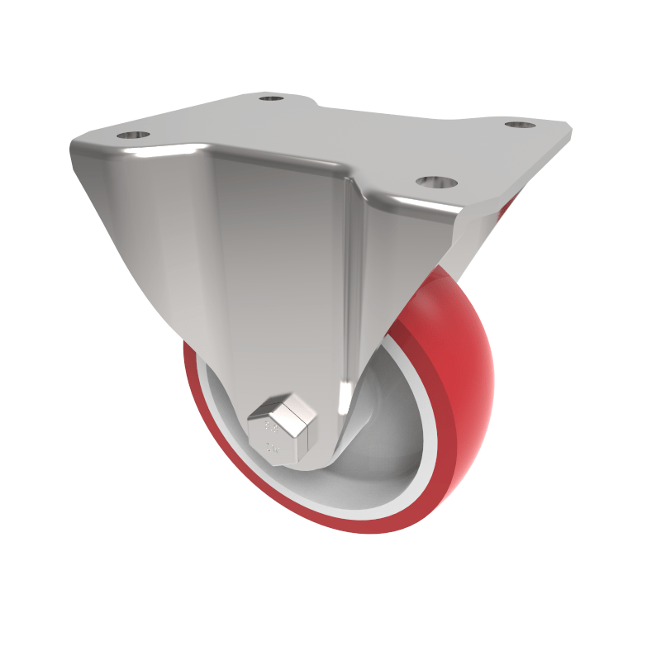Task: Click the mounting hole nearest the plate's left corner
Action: click(x=132, y=135)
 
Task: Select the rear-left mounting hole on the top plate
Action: click(x=270, y=99)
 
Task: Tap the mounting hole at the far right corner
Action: click(x=519, y=125)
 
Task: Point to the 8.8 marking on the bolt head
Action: click(x=269, y=429)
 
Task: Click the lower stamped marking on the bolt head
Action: click(x=270, y=450)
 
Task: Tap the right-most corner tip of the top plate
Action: click(x=569, y=129)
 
